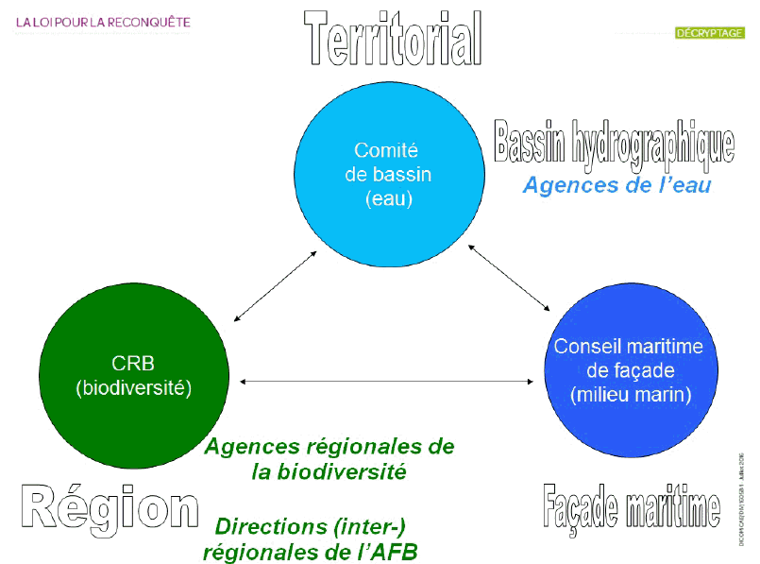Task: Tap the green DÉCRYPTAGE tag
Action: (x=709, y=33)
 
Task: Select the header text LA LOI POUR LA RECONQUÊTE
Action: (x=103, y=21)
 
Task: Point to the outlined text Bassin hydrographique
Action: (x=615, y=142)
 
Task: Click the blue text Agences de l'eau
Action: (x=616, y=185)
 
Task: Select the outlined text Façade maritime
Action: (x=632, y=507)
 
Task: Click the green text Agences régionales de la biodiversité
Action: (x=329, y=458)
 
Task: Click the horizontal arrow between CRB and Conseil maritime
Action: (x=388, y=382)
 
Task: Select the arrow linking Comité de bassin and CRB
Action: (x=274, y=287)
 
